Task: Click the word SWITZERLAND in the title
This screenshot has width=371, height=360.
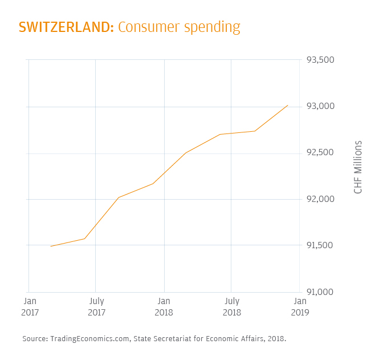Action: tap(66, 27)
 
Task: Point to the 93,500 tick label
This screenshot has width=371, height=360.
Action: tap(321, 60)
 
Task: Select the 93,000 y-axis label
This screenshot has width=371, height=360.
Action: tap(321, 107)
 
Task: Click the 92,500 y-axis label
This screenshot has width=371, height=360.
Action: tap(321, 153)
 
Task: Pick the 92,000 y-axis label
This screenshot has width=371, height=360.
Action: tap(321, 199)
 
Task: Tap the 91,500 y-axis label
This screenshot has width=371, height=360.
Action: tap(321, 245)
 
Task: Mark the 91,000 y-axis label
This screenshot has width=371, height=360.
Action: tap(321, 292)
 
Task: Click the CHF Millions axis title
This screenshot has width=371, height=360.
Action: tap(358, 167)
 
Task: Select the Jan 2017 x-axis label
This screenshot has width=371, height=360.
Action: tap(30, 306)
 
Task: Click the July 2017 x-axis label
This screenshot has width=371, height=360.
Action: tap(96, 306)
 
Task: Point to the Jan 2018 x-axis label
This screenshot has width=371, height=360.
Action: tap(164, 306)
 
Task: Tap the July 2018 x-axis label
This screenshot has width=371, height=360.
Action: tap(231, 306)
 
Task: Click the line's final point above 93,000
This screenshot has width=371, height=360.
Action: tap(288, 105)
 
